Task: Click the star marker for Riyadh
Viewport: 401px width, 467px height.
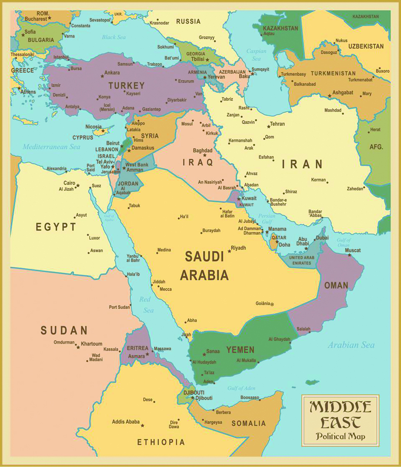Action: pos(229,251)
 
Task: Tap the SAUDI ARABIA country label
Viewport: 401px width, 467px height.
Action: pos(204,266)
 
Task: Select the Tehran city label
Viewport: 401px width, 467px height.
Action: pos(277,124)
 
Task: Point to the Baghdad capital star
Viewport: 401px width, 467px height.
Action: pos(205,155)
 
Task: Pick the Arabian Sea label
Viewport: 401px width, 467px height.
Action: pos(351,345)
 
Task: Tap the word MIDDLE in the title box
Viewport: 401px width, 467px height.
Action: pos(340,407)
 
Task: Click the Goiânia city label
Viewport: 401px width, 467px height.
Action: pos(263,303)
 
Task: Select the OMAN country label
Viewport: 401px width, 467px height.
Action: pos(336,285)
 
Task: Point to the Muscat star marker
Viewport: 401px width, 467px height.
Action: pos(349,255)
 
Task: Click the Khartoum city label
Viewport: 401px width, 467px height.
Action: pos(91,344)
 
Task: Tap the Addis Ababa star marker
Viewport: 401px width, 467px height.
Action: pos(142,425)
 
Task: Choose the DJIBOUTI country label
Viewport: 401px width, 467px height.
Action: pos(194,392)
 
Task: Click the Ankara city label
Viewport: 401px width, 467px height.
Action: pos(112,73)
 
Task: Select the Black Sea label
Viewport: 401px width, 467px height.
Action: pos(114,37)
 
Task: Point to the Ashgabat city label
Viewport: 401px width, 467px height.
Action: pos(342,92)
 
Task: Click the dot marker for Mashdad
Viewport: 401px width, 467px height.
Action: pos(343,114)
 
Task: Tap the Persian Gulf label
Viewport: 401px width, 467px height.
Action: pos(267,219)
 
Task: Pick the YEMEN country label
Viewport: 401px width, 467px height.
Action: pos(240,350)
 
